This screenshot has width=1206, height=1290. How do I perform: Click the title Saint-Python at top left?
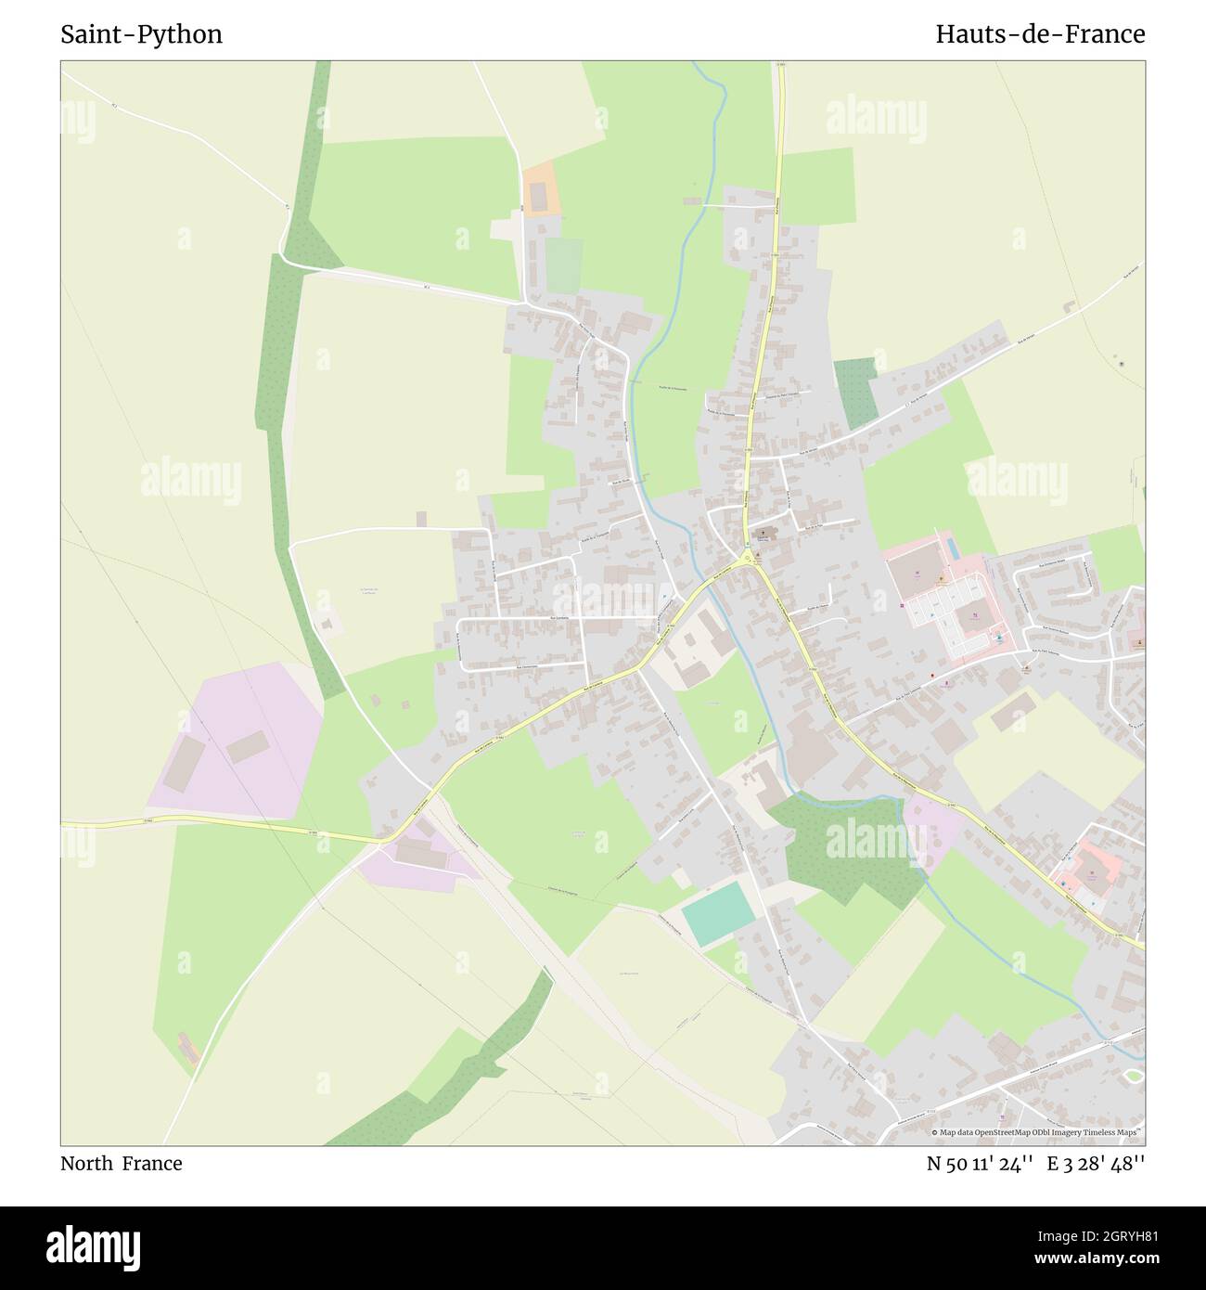point(141,34)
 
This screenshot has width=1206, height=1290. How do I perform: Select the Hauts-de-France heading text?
point(1039,34)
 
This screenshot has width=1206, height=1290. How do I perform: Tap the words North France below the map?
point(121,1164)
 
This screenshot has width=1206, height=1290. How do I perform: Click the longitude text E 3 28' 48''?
point(1096,1164)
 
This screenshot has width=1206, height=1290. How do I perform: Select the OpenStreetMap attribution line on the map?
point(1037,1132)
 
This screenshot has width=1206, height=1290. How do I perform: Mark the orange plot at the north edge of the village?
point(539,189)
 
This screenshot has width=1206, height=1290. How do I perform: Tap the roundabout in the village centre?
point(747,559)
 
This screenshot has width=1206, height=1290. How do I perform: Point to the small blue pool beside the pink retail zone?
point(998,639)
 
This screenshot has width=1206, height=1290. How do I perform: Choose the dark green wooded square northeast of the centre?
point(855,390)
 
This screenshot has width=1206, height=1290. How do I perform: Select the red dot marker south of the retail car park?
point(932,676)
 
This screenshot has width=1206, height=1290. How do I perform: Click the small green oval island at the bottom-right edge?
point(1133,1076)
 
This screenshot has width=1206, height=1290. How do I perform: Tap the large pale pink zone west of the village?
point(237,738)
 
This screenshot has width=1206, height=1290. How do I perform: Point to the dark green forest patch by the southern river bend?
point(844,849)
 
